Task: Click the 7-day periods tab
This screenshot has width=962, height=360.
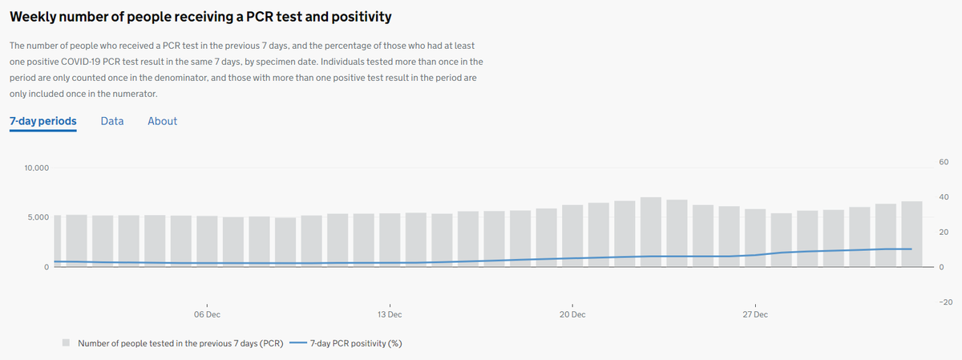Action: click(42, 121)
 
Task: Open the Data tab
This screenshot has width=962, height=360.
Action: click(112, 121)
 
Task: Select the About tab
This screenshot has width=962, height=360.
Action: click(162, 121)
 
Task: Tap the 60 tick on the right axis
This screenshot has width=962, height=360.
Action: click(943, 163)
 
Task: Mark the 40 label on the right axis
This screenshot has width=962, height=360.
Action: click(943, 197)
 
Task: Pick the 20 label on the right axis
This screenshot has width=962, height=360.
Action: click(943, 233)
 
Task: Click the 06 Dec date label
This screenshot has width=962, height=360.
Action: click(207, 315)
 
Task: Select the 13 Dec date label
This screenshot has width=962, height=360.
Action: click(390, 315)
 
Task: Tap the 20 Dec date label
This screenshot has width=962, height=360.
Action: click(572, 315)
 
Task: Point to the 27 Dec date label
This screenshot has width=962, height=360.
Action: click(754, 315)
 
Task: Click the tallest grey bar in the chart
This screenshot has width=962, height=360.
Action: click(651, 233)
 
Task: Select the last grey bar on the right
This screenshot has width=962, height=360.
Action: click(911, 234)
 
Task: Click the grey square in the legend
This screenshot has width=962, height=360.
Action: click(67, 343)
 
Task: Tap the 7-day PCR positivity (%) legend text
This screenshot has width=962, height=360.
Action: click(356, 343)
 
